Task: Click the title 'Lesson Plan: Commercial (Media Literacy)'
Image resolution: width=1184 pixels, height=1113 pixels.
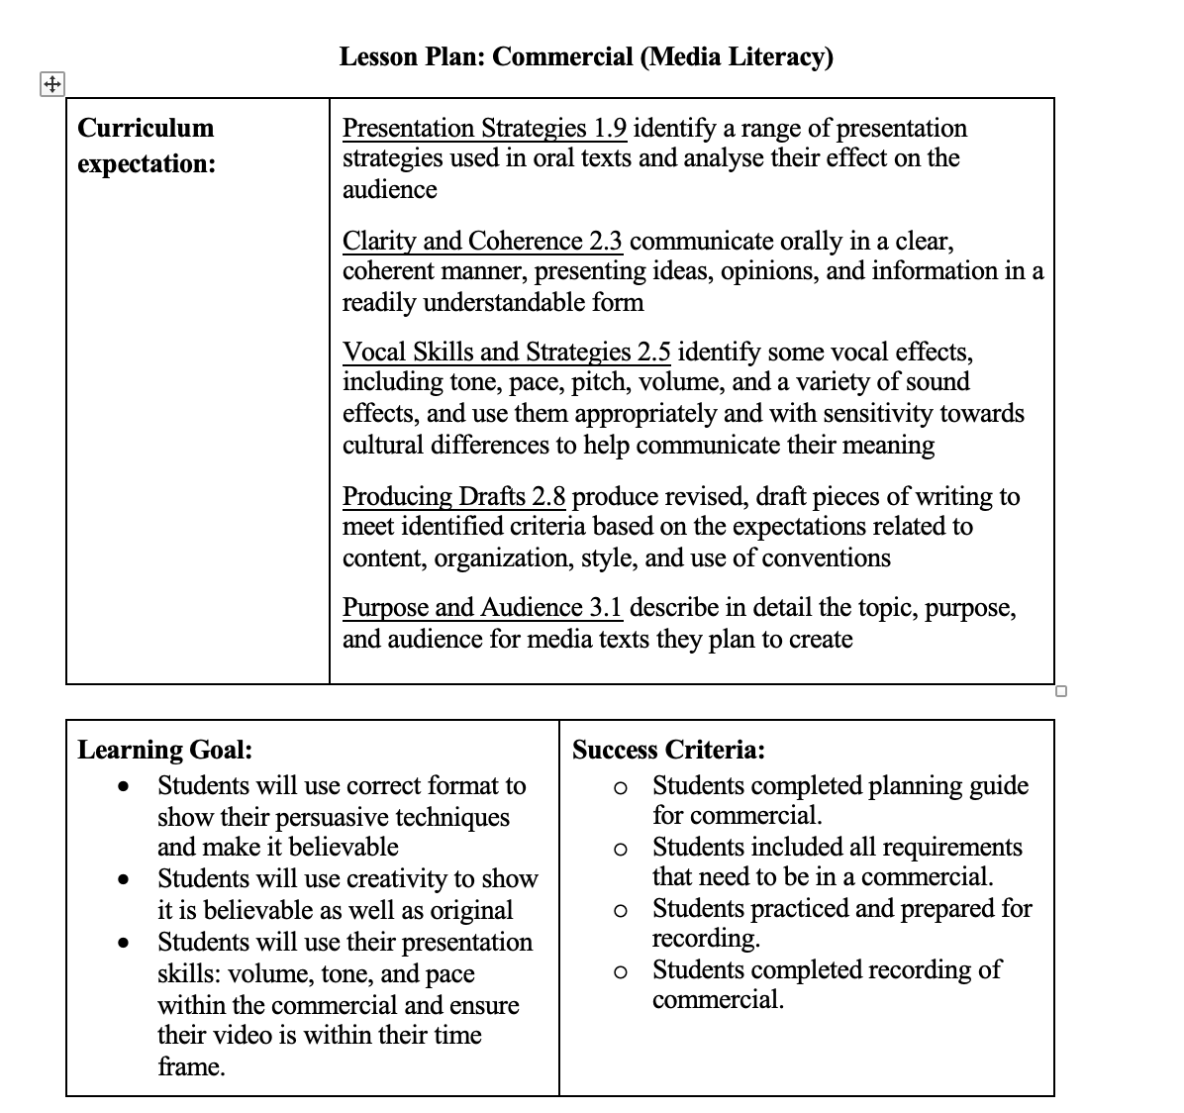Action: tap(586, 56)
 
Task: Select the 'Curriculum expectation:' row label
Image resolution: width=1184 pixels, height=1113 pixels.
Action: tap(146, 146)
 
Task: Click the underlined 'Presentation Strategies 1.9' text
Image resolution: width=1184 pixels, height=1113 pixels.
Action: tap(484, 129)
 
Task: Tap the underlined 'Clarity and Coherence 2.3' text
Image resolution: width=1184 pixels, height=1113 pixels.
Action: tap(482, 242)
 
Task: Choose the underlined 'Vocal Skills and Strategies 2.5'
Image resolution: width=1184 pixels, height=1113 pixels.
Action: tap(506, 353)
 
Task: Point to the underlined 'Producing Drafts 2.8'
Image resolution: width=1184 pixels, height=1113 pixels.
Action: tap(453, 496)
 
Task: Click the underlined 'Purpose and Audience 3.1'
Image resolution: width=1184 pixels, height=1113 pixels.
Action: tap(482, 607)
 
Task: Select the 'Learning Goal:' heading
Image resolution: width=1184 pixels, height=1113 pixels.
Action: tap(164, 750)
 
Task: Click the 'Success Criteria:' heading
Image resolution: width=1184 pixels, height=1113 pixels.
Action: tap(668, 750)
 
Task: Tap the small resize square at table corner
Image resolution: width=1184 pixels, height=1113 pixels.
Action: tap(1061, 690)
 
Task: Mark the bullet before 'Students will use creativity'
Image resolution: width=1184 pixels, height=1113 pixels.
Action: tap(124, 879)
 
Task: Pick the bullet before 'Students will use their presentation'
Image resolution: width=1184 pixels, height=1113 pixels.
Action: tap(124, 943)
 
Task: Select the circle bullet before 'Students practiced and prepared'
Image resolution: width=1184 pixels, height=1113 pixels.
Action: tap(620, 910)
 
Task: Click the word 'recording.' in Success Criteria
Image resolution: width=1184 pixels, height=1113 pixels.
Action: tap(692, 938)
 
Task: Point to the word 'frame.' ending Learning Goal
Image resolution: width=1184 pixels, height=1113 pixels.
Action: tap(191, 1066)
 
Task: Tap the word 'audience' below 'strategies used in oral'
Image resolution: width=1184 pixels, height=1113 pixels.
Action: tap(389, 189)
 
